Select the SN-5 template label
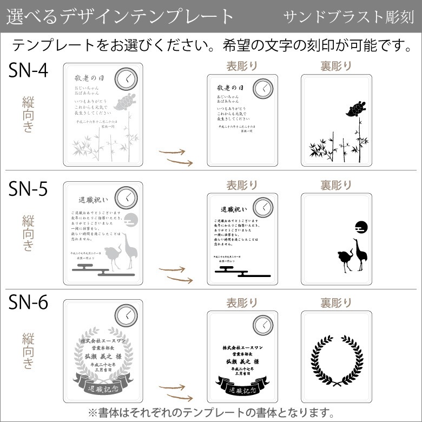(28, 189)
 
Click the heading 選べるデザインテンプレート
(120, 17)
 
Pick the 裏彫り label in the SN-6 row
(335, 302)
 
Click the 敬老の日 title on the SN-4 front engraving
(230, 88)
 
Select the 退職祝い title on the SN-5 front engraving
(234, 209)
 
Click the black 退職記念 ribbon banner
(241, 388)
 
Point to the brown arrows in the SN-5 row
(175, 274)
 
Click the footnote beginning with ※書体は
(211, 412)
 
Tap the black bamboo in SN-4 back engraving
(334, 146)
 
